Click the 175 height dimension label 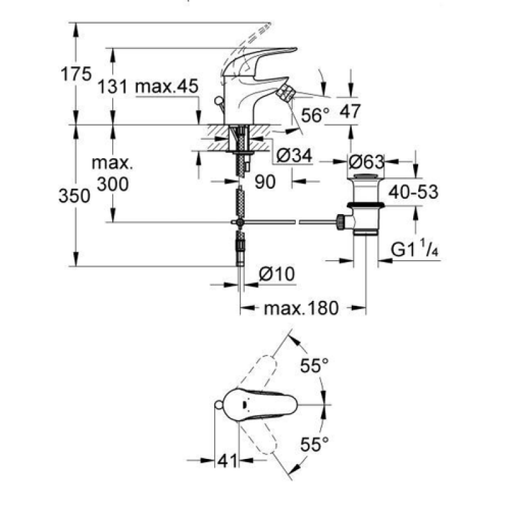pos(76,74)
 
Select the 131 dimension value pos(113,87)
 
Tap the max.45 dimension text pos(166,87)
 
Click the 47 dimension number pos(350,112)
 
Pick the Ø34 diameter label pos(295,156)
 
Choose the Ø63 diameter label pos(366,162)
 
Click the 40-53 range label pos(413,193)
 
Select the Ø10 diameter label pos(277,274)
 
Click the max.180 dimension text pos(302,308)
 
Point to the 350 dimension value pos(75,196)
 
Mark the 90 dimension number pos(265,182)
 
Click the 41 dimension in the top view pos(227,460)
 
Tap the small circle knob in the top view pos(219,405)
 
